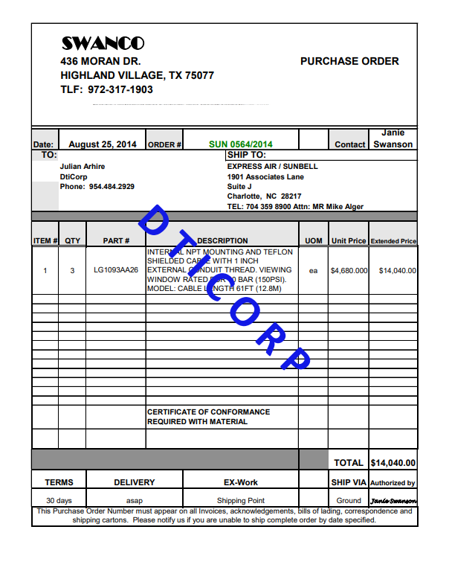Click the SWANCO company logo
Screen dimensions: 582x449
coord(103,44)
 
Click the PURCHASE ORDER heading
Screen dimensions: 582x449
coord(349,62)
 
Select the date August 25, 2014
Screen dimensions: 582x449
coord(103,144)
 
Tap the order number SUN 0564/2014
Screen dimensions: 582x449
coord(241,144)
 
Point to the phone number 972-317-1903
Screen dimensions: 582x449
coord(120,90)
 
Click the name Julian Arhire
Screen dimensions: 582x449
coord(83,167)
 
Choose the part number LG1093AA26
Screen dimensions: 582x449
coord(116,271)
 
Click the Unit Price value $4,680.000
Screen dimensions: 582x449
coord(349,271)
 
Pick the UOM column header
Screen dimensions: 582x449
coord(313,241)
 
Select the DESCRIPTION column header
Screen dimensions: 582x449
coord(223,241)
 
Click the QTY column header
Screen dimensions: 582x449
coord(72,241)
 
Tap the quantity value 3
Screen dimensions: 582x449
coord(72,271)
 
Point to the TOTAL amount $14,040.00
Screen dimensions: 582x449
coord(393,463)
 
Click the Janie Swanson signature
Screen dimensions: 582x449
coord(393,500)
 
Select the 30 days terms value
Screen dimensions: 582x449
coord(59,501)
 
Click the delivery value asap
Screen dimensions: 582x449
coord(134,501)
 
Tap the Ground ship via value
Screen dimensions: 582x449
coord(349,501)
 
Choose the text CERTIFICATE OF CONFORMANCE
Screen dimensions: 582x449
coord(208,412)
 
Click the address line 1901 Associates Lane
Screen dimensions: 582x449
coord(265,177)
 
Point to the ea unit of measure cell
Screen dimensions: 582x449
coord(313,271)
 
